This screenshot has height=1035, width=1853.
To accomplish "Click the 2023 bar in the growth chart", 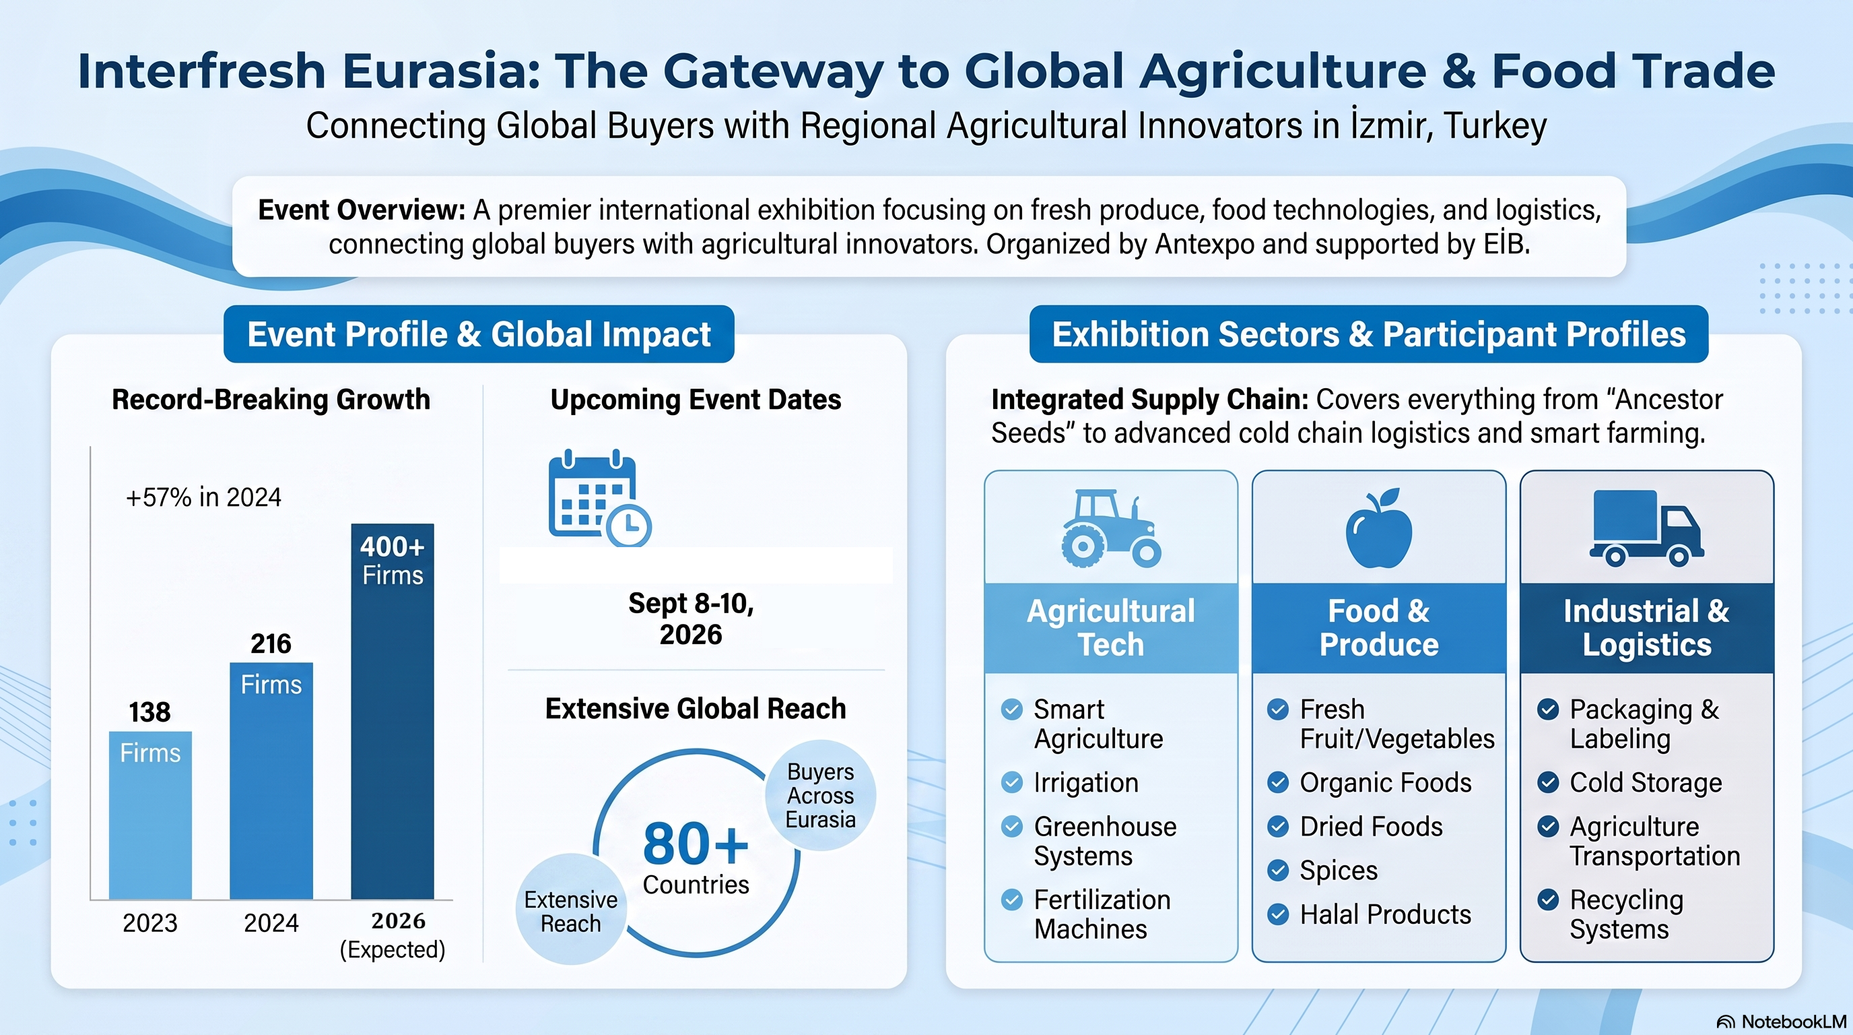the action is [150, 815].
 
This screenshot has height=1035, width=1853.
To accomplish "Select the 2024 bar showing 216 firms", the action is [271, 780].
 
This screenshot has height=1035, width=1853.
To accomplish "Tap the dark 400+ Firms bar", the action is [392, 711].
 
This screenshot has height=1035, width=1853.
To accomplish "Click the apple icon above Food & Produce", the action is [1379, 528].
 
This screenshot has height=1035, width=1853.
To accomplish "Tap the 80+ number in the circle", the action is [696, 844].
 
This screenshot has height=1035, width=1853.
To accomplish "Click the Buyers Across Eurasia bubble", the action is [820, 795].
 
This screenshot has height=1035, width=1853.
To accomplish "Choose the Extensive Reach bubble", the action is [571, 910].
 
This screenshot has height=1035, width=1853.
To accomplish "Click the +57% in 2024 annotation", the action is [203, 497].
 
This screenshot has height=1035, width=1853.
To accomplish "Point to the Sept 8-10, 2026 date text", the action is [692, 619].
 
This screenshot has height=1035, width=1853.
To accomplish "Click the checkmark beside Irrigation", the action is [1011, 782].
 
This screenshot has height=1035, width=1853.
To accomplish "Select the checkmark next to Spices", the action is [1277, 870].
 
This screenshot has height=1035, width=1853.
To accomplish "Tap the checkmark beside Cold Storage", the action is [1548, 782].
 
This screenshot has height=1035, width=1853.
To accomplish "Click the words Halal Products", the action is [1386, 914].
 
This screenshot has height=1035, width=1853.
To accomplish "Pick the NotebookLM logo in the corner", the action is [1782, 1022].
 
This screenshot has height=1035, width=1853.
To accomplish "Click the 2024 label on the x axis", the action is [271, 922].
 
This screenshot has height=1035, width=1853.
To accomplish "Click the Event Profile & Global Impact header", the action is [479, 334].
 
